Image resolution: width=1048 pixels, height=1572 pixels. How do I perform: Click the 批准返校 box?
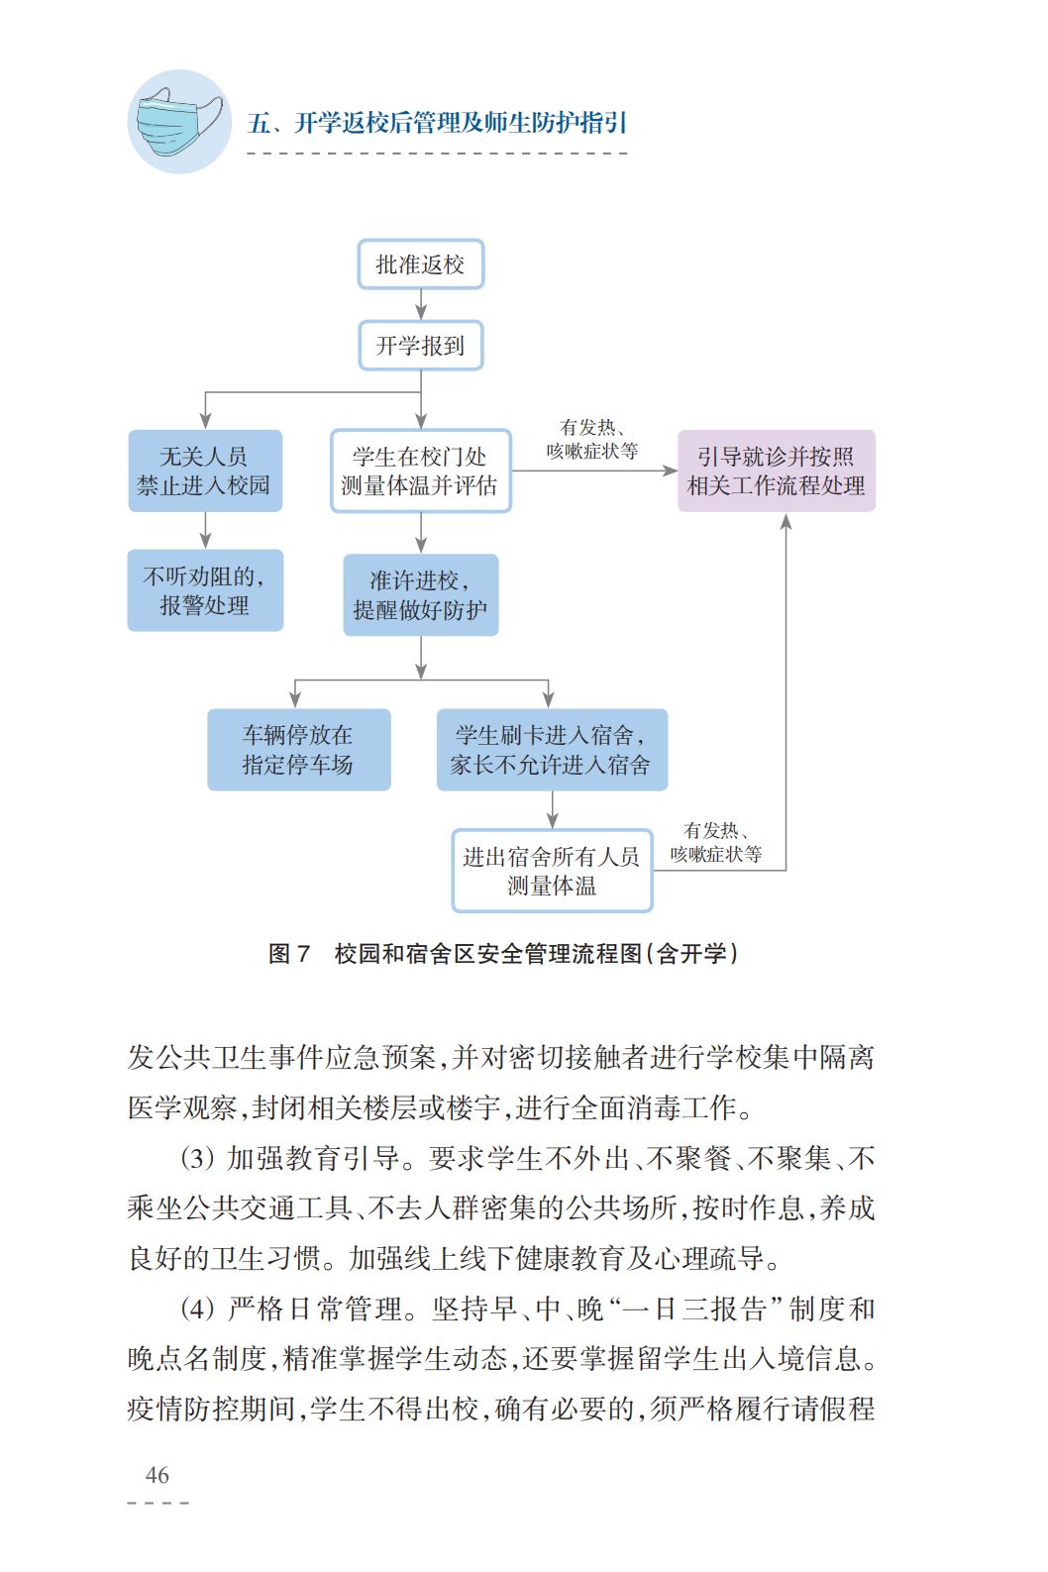[x=420, y=264]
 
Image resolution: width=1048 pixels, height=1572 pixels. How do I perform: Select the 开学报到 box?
[x=420, y=346]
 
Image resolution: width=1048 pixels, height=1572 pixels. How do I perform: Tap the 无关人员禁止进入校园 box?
[x=205, y=471]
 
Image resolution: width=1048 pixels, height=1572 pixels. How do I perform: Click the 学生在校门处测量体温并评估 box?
[x=420, y=471]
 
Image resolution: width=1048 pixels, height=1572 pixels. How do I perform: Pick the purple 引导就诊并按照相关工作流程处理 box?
[x=776, y=471]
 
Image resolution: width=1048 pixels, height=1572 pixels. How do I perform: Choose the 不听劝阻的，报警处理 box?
[x=205, y=590]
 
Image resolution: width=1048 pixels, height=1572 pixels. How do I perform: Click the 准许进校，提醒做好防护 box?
[x=420, y=594]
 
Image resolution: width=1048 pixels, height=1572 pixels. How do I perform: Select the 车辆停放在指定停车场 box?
[x=298, y=749]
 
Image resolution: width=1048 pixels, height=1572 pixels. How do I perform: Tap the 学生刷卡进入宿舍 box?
[x=552, y=749]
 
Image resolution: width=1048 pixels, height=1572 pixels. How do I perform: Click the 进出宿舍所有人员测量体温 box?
[x=552, y=870]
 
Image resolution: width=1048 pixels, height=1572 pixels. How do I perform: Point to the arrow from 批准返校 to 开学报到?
[x=421, y=305]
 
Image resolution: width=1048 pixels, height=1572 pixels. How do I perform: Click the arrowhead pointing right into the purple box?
[x=670, y=471]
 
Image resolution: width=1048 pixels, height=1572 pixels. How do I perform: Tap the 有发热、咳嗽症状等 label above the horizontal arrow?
[x=592, y=439]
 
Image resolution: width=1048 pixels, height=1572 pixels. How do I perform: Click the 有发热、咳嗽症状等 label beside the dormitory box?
[x=715, y=842]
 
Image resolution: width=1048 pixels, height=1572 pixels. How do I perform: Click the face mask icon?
[x=179, y=122]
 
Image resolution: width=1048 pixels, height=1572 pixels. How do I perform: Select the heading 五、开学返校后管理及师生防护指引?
[x=437, y=123]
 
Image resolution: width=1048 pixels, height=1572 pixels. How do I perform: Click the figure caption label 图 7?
[x=289, y=953]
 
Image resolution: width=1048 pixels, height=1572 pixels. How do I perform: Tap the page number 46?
[x=157, y=1475]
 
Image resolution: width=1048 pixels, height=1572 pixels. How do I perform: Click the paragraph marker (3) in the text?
[x=198, y=1158]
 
